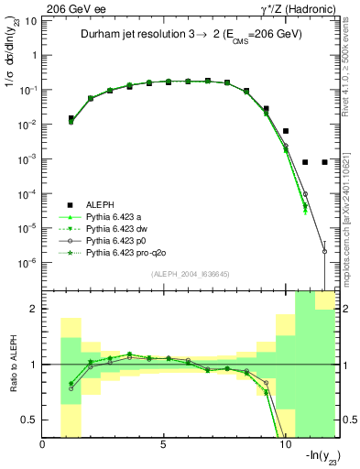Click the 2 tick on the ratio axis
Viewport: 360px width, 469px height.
tap(36, 310)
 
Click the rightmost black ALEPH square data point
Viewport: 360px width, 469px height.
tap(324, 162)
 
